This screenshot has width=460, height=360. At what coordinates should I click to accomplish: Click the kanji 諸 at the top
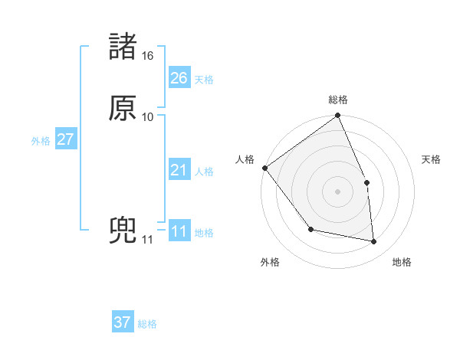pyautogui.click(x=123, y=48)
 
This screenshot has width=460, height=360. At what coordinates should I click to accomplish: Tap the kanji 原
pyautogui.click(x=123, y=110)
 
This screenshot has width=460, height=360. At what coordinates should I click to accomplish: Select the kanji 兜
pyautogui.click(x=123, y=231)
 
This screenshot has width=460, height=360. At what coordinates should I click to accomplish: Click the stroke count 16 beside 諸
pyautogui.click(x=147, y=57)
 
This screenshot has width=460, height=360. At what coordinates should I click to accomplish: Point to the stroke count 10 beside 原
pyautogui.click(x=147, y=117)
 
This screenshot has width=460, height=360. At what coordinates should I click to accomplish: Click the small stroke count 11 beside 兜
pyautogui.click(x=147, y=240)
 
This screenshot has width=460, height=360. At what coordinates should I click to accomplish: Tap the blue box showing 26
pyautogui.click(x=179, y=78)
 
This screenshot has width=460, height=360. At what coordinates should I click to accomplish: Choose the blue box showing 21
pyautogui.click(x=179, y=170)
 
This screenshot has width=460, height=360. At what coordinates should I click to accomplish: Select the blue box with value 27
pyautogui.click(x=65, y=139)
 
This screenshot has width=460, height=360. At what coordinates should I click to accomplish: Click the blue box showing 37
pyautogui.click(x=123, y=322)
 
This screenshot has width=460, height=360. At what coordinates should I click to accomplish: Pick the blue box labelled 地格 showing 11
pyautogui.click(x=179, y=231)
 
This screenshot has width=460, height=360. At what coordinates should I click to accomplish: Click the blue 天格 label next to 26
pyautogui.click(x=204, y=80)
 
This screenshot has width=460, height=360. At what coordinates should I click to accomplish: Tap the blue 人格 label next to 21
pyautogui.click(x=204, y=172)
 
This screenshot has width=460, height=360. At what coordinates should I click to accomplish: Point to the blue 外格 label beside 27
pyautogui.click(x=41, y=141)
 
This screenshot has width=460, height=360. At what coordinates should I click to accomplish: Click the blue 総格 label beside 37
pyautogui.click(x=147, y=324)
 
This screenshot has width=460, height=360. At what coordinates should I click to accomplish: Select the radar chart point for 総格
pyautogui.click(x=337, y=116)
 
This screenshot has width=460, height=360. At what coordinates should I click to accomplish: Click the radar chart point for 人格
pyautogui.click(x=264, y=168)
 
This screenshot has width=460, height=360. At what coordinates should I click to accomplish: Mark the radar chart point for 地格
pyautogui.click(x=374, y=242)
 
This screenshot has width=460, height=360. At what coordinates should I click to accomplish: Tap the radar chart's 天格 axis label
pyautogui.click(x=431, y=159)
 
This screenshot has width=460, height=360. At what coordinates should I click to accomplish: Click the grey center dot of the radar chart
pyautogui.click(x=337, y=191)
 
